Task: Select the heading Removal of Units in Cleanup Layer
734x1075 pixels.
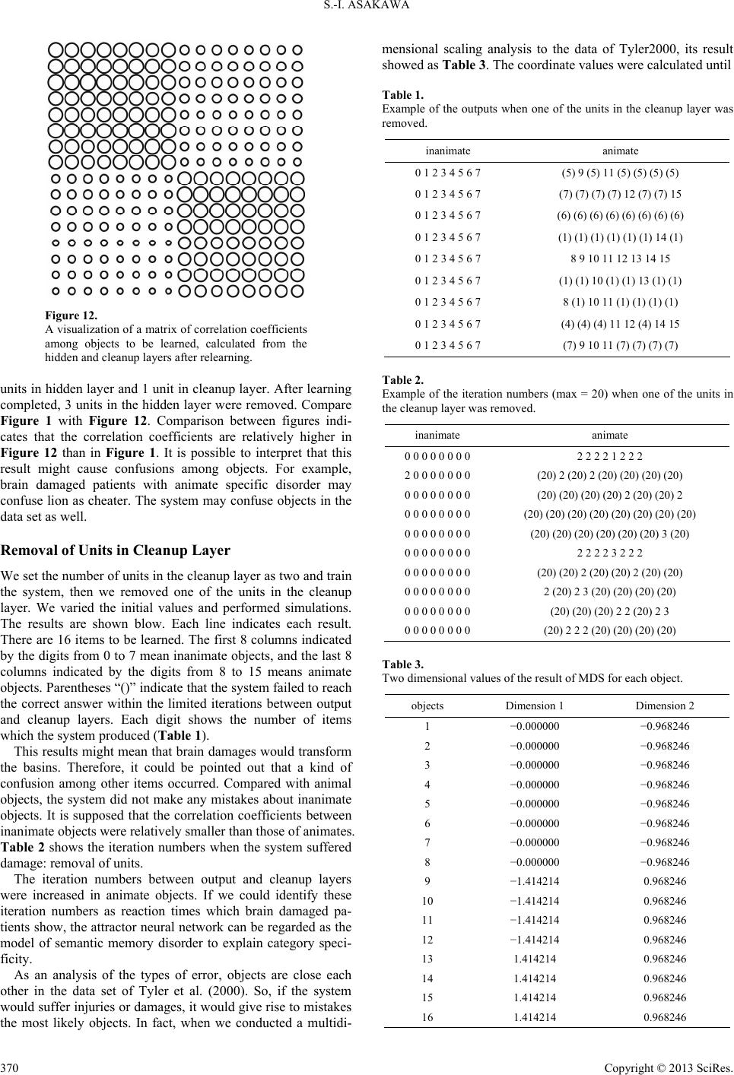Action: coord(116,550)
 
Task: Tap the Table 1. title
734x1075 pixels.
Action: coord(402,95)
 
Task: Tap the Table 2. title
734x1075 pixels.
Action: coord(403,379)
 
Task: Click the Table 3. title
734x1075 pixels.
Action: coord(403,664)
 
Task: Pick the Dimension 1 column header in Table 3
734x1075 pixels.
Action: coord(535,706)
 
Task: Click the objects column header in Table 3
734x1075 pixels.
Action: coord(427,706)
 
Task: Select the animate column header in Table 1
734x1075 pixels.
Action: coord(620,151)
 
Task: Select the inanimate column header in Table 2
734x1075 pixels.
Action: coord(437,435)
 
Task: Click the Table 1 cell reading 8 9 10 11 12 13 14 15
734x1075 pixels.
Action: coord(620,258)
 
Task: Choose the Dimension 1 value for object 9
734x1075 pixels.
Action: coord(535,881)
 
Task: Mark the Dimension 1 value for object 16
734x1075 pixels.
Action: coord(535,1016)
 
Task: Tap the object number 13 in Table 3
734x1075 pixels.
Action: coord(427,959)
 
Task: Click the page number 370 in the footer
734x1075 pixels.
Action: coord(9,1065)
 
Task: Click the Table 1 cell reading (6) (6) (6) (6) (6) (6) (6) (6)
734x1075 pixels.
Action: coord(620,215)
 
